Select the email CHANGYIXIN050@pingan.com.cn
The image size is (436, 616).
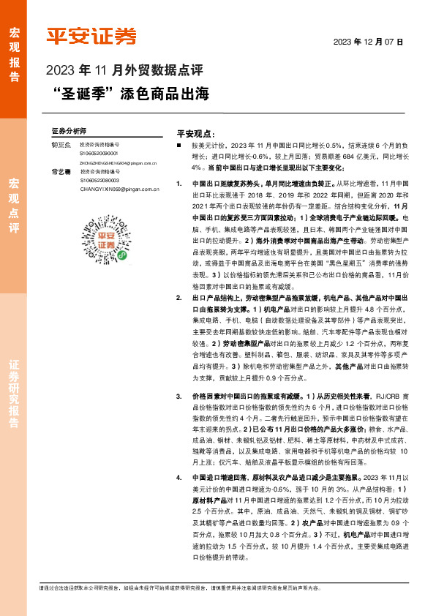[x=120, y=187]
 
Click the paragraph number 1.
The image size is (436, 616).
[x=179, y=184]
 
